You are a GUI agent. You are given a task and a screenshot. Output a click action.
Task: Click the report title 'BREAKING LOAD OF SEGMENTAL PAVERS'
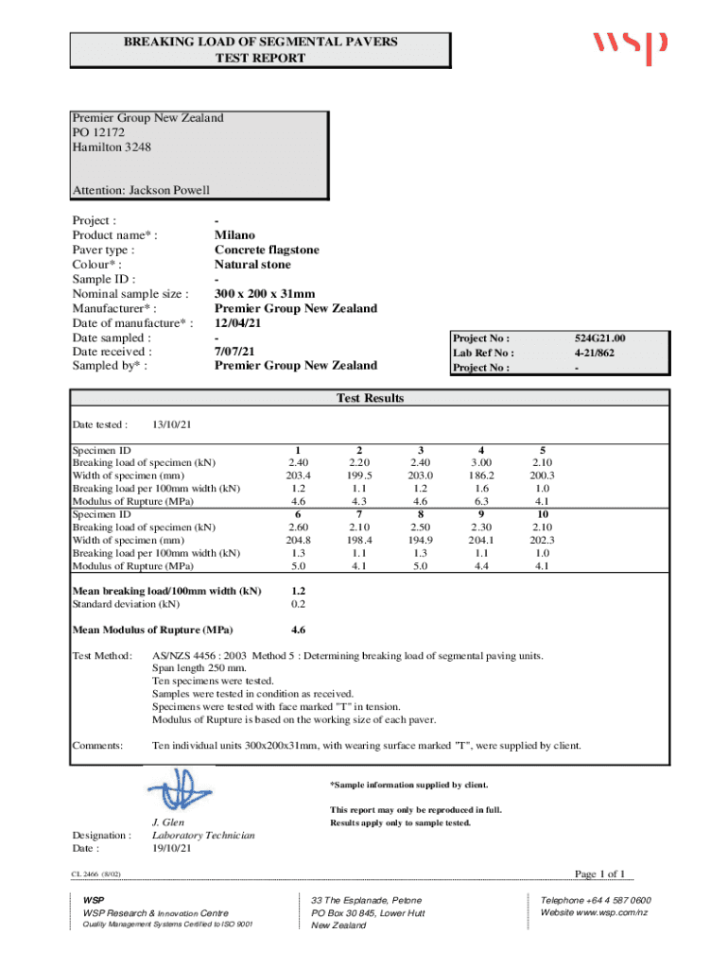point(261,42)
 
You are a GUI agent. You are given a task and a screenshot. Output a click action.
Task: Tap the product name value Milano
point(234,235)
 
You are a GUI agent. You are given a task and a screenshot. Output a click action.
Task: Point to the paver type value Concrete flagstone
point(267,250)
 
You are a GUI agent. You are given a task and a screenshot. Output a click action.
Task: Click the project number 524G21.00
point(600,337)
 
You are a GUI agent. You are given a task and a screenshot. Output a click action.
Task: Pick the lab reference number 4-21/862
point(600,353)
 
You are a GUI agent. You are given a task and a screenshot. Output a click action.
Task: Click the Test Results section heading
point(371,398)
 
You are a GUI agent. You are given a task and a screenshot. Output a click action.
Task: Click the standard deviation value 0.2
point(299,603)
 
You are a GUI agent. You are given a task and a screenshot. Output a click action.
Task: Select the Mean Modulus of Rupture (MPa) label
point(153,630)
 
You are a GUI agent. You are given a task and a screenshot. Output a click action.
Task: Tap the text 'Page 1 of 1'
point(600,873)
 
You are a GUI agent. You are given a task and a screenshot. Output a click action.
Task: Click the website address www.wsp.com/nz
point(594,912)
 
